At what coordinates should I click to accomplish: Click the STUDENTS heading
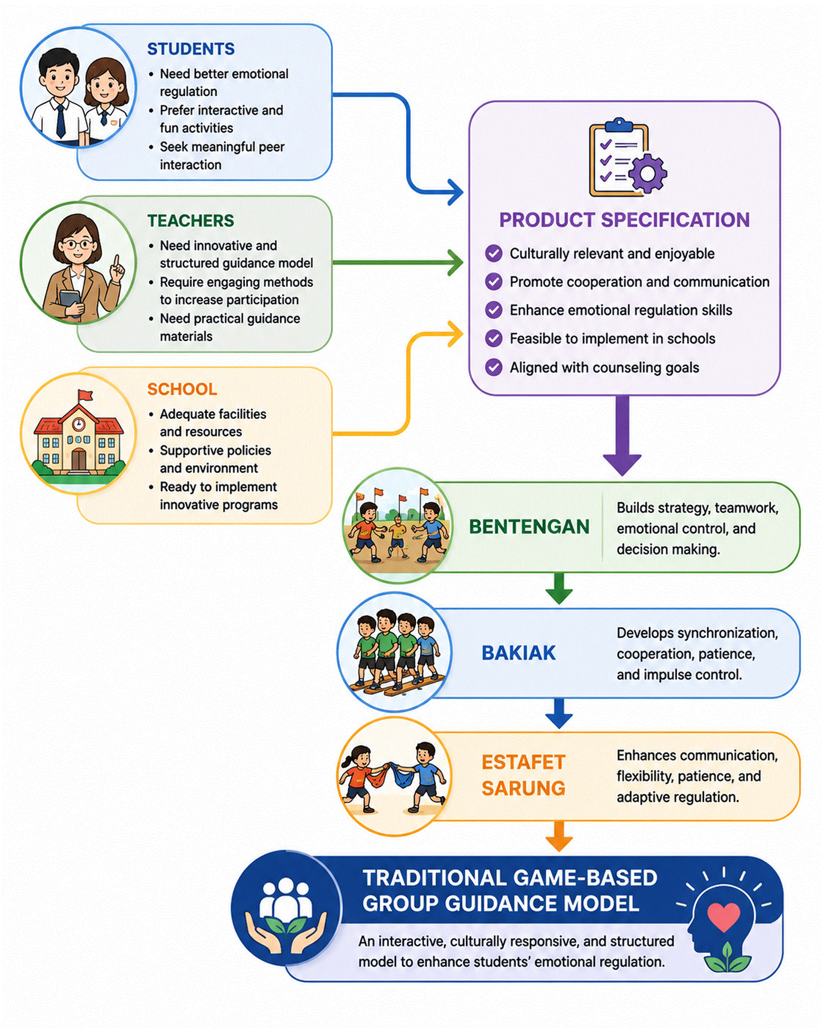(x=191, y=49)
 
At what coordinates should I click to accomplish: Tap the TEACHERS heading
(x=191, y=220)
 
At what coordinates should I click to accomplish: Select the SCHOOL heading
(x=182, y=389)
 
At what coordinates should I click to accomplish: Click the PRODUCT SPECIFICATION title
(x=624, y=220)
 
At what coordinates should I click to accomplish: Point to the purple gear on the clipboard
(x=647, y=173)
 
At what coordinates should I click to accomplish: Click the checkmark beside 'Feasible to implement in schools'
(x=493, y=339)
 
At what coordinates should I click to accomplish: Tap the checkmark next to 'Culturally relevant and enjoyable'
(x=493, y=253)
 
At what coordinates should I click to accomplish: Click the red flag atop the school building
(x=85, y=395)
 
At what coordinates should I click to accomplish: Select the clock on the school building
(x=78, y=423)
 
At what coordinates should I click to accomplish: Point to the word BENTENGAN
(x=529, y=527)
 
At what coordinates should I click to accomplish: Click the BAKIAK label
(x=519, y=653)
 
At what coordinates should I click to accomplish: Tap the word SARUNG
(x=523, y=788)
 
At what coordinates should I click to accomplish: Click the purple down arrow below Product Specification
(x=622, y=435)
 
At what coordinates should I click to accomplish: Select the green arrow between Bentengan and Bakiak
(x=559, y=588)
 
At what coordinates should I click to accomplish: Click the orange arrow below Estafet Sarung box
(x=559, y=836)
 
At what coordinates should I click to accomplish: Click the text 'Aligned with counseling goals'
(x=604, y=368)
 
